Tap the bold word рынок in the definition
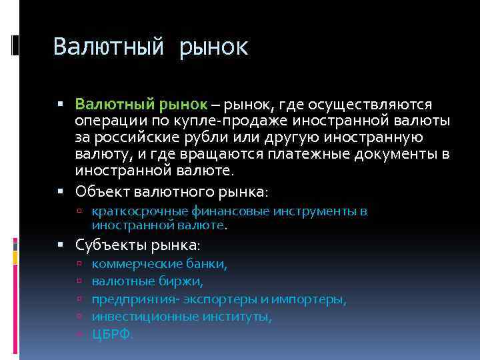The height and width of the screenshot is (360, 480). (183, 105)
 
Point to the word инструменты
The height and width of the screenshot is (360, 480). (319, 211)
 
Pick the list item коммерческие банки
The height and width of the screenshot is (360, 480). (159, 265)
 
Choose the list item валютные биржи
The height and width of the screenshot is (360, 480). (147, 282)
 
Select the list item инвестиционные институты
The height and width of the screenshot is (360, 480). (182, 317)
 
